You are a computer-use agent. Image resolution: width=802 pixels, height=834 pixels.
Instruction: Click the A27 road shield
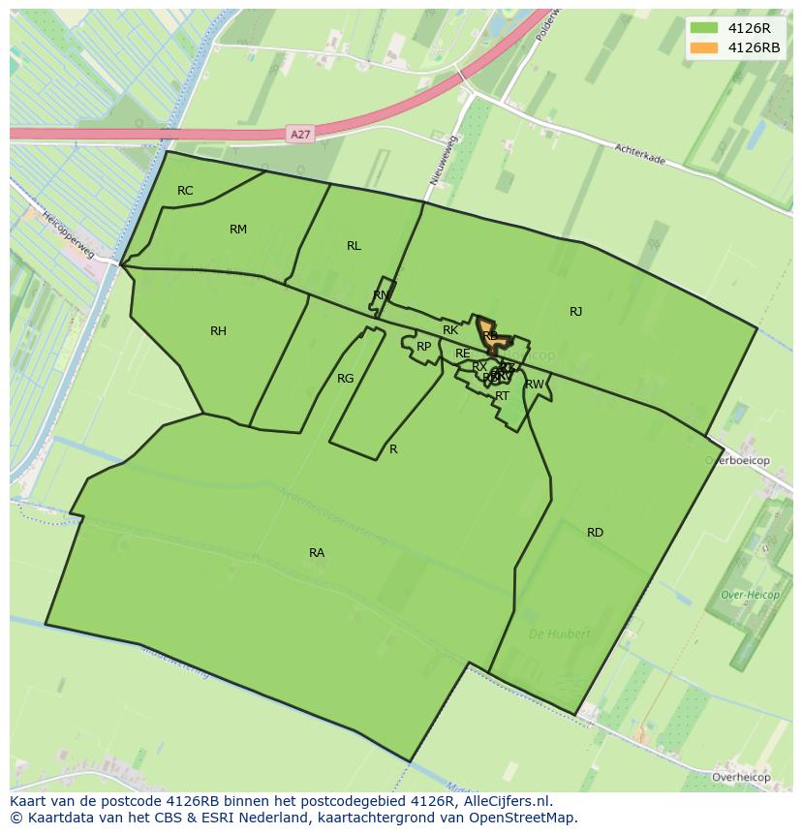tap(300, 134)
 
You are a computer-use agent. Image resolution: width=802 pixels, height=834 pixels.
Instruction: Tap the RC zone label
tap(185, 191)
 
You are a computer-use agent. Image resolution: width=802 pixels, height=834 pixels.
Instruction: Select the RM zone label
tap(238, 230)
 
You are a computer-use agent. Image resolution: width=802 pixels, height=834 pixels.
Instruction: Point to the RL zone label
tap(354, 246)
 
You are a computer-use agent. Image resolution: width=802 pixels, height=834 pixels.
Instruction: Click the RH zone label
tap(218, 331)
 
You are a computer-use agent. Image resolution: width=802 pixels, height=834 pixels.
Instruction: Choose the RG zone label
tap(345, 379)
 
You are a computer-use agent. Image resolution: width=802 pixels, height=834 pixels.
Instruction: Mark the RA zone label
tap(317, 553)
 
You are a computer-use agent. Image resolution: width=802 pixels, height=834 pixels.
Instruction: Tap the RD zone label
tap(595, 533)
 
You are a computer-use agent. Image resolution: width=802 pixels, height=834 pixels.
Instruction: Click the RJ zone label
tap(575, 312)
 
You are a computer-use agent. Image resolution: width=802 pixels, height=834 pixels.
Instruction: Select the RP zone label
tap(423, 347)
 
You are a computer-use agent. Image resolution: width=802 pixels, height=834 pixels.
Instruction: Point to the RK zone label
tap(450, 331)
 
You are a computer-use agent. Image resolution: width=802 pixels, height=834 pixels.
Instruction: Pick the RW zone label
tap(534, 385)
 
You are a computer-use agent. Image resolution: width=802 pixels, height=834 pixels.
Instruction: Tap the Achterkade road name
tap(639, 154)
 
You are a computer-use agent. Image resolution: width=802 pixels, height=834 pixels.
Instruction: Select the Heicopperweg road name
tap(68, 238)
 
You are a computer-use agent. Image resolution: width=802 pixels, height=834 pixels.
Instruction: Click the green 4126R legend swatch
tap(704, 28)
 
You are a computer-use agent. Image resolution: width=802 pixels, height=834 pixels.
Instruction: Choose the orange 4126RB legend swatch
tap(704, 47)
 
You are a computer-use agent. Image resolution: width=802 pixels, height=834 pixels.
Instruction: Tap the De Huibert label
tap(559, 634)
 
